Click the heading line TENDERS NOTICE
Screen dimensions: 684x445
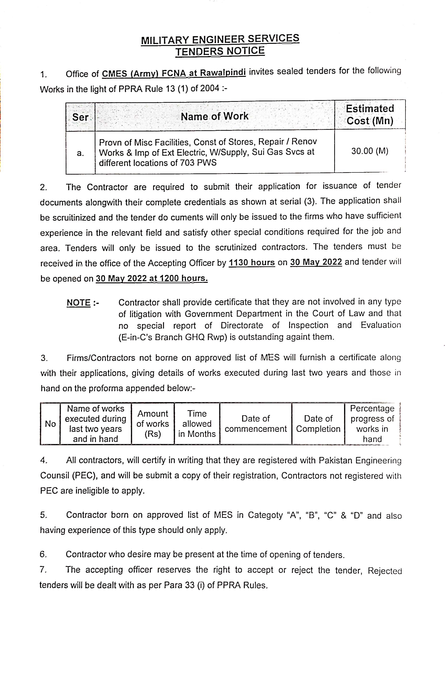220,51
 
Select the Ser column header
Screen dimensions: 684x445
80,117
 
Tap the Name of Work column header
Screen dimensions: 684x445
214,116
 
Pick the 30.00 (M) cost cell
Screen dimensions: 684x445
370,151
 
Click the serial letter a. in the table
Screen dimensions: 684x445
80,153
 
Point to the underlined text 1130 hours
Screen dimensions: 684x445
252,262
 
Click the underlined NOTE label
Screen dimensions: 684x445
79,303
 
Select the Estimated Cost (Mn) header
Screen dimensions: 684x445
370,115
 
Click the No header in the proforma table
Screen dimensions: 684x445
50,424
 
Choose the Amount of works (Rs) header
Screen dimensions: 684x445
152,424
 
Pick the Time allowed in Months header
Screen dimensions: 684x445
197,424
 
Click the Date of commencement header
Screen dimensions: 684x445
255,424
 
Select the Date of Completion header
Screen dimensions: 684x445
318,424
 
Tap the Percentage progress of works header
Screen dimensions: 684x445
372,424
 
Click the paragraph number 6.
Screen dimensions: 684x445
43,554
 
